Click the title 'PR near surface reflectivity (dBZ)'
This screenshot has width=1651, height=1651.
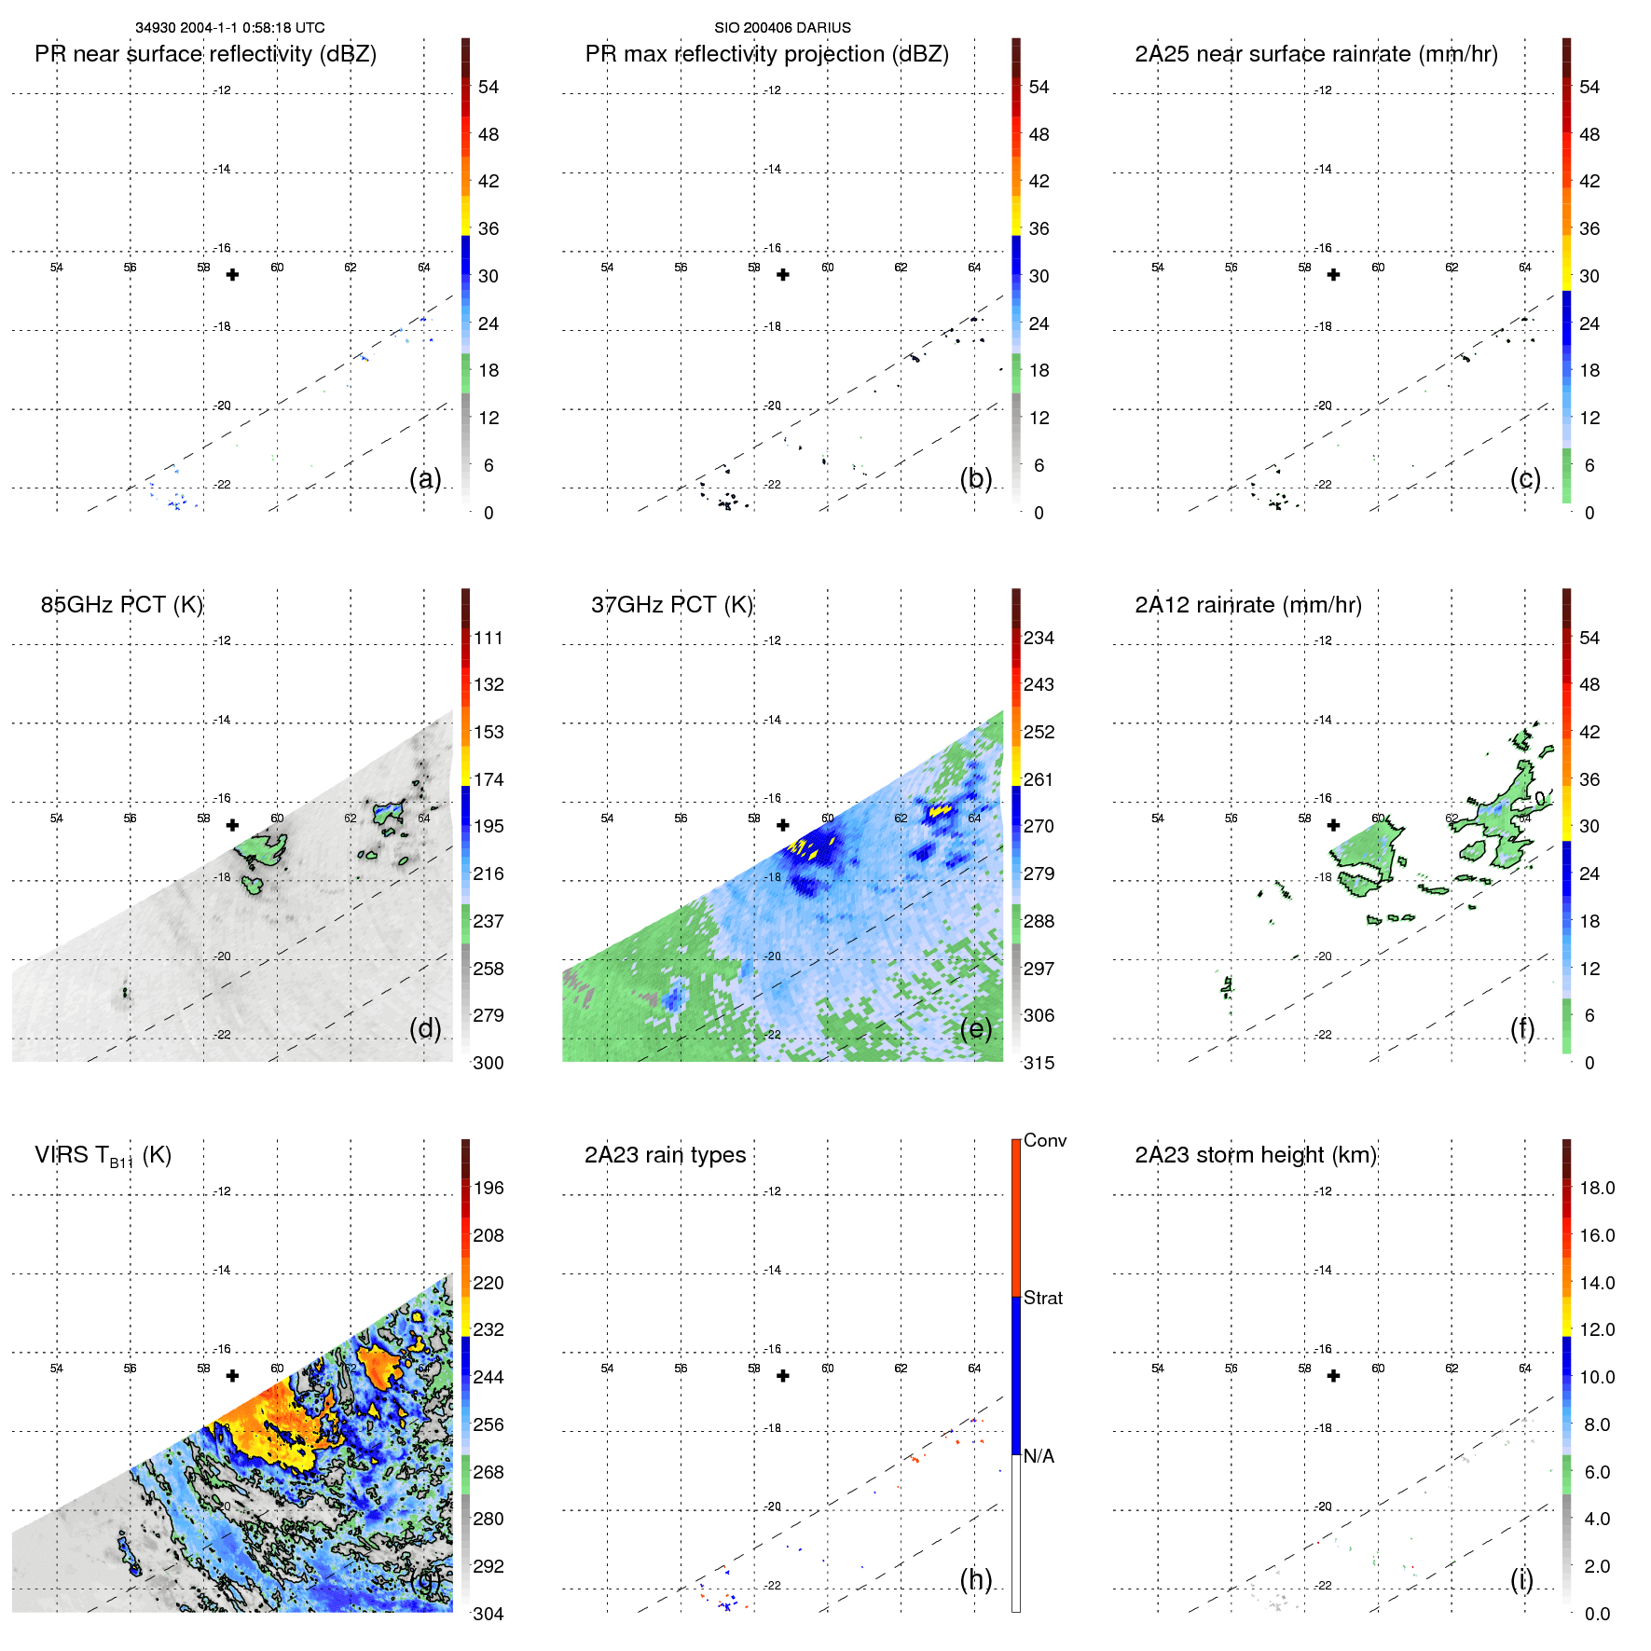point(205,54)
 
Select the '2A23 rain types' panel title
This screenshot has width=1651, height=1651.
point(665,1155)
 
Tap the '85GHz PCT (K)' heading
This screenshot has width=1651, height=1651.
point(121,605)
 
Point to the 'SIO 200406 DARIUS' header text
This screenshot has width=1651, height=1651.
point(782,28)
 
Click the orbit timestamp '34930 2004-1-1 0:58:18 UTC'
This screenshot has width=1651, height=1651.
point(230,28)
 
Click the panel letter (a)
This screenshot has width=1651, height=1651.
point(425,478)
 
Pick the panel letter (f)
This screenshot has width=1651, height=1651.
point(1522,1028)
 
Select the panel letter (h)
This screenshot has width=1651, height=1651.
point(976,1579)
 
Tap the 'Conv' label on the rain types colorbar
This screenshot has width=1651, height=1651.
point(1044,1140)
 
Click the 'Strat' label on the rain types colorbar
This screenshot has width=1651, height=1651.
point(1042,1298)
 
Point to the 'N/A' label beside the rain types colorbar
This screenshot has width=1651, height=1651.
point(1039,1456)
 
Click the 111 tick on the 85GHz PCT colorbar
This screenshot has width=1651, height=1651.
point(488,638)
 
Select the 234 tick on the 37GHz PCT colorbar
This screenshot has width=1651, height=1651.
point(1039,638)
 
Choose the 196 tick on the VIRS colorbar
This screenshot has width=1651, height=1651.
point(488,1188)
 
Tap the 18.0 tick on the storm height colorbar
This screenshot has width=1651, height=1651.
point(1596,1188)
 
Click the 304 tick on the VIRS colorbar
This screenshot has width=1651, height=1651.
point(488,1614)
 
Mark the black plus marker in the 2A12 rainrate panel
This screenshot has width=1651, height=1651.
point(1333,825)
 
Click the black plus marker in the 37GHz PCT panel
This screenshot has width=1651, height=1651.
point(783,825)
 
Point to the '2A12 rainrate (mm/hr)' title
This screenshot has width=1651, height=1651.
point(1247,605)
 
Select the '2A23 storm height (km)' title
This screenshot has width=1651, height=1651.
point(1255,1155)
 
